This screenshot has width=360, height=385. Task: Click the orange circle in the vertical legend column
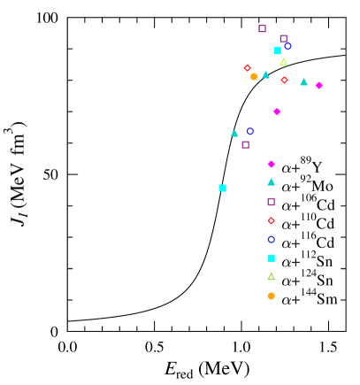pyautogui.click(x=271, y=296)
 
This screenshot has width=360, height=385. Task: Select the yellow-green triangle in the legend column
pyautogui.click(x=271, y=276)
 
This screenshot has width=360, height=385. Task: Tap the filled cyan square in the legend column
pyautogui.click(x=271, y=258)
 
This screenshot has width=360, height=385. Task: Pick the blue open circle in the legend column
pyautogui.click(x=271, y=239)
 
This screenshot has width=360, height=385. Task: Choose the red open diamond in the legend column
pyautogui.click(x=271, y=220)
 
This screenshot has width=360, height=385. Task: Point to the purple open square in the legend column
pyautogui.click(x=271, y=202)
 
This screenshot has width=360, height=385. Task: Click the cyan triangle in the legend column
pyautogui.click(x=271, y=182)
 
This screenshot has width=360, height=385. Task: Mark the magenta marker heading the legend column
pyautogui.click(x=271, y=164)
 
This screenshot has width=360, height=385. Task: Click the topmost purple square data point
pyautogui.click(x=262, y=28)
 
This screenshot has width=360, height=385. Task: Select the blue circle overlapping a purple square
pyautogui.click(x=287, y=46)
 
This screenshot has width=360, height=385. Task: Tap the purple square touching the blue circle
pyautogui.click(x=283, y=38)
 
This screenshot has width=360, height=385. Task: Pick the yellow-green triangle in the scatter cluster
pyautogui.click(x=283, y=62)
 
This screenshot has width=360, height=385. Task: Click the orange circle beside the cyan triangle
pyautogui.click(x=254, y=76)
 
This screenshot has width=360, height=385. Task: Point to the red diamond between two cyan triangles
pyautogui.click(x=284, y=80)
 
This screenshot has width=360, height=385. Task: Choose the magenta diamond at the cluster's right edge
pyautogui.click(x=318, y=85)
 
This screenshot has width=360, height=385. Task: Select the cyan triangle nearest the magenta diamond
pyautogui.click(x=303, y=82)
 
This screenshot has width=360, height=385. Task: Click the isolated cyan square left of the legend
pyautogui.click(x=222, y=188)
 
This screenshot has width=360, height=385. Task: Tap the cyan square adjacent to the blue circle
pyautogui.click(x=277, y=50)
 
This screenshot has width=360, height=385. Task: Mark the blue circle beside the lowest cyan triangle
pyautogui.click(x=250, y=131)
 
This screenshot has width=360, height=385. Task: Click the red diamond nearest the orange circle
pyautogui.click(x=247, y=67)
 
